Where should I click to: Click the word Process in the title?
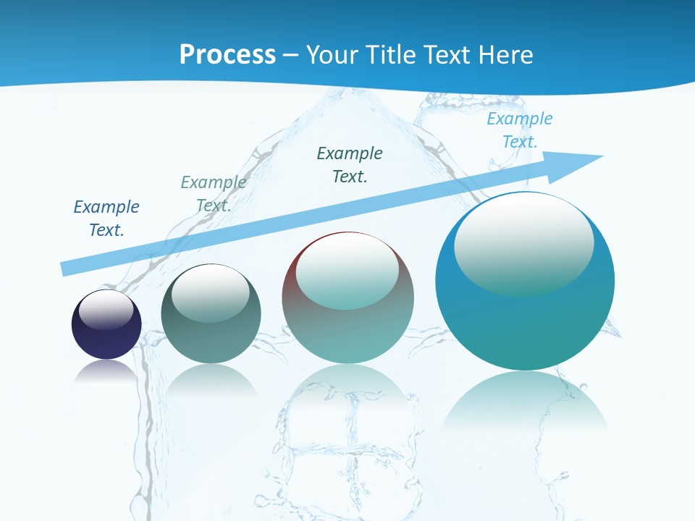(x=227, y=55)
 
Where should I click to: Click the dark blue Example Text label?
(x=106, y=219)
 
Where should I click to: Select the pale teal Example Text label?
(x=213, y=194)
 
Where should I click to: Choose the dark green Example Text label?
(x=350, y=164)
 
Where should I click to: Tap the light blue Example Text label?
(x=519, y=130)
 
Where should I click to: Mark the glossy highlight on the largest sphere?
(x=523, y=242)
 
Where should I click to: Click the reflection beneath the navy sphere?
(x=106, y=370)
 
